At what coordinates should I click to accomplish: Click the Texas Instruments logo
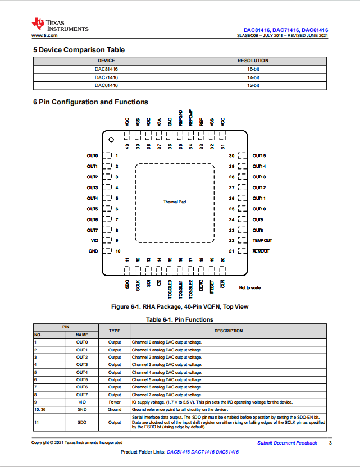point(60,25)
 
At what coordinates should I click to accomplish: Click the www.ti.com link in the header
point(44,35)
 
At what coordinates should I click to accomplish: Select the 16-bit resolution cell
point(253,69)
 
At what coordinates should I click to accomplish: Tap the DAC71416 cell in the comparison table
point(106,77)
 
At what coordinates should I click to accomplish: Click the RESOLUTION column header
point(253,61)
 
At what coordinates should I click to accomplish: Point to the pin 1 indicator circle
point(111,139)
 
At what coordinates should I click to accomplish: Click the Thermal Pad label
point(175,202)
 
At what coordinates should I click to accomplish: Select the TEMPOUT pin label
point(262,240)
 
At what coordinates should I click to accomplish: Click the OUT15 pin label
point(259,156)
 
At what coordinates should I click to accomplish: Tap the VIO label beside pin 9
point(94,240)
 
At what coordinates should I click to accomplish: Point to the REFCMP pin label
point(191,118)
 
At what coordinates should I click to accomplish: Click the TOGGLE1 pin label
point(180,290)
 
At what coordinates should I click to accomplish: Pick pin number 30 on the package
point(231,156)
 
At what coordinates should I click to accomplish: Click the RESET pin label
point(212,286)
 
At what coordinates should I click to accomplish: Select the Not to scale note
point(250,288)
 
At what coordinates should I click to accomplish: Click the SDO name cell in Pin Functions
point(82,422)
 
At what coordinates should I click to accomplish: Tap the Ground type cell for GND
point(115,410)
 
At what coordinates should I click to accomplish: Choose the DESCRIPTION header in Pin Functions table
point(229,331)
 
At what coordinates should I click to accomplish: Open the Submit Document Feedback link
point(288,443)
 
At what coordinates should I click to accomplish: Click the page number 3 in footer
point(330,443)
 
